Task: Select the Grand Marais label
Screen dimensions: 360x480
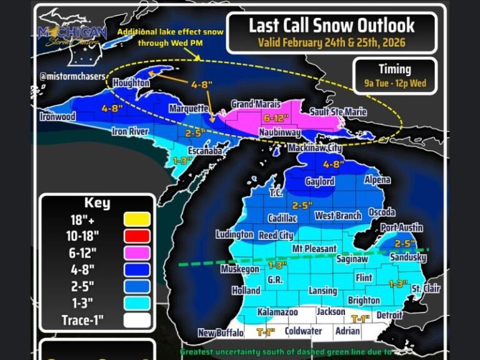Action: [256, 103]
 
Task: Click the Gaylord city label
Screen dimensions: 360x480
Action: [319, 182]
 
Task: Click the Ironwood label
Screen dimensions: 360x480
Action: [57, 117]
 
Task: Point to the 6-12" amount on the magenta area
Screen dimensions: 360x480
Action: [279, 117]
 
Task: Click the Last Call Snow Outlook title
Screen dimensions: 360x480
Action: [331, 25]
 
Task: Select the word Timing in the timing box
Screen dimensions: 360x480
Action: [394, 69]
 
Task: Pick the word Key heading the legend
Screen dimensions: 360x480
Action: [97, 202]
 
